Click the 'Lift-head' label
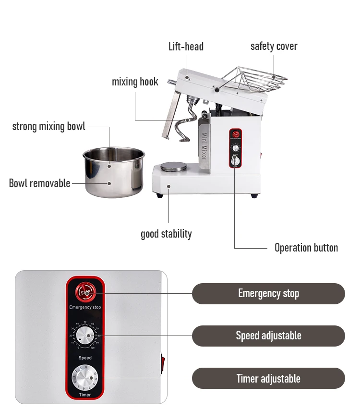click(186, 47)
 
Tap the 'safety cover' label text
click(274, 47)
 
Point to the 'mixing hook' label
click(135, 82)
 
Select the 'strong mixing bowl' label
click(48, 127)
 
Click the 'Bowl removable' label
click(39, 183)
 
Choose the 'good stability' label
click(166, 234)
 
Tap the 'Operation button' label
click(306, 248)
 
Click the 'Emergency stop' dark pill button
click(268, 294)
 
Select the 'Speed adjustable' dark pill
click(268, 336)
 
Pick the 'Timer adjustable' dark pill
click(268, 378)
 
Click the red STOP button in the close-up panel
click(85, 292)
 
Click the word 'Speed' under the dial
click(85, 358)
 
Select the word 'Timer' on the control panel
click(85, 395)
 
